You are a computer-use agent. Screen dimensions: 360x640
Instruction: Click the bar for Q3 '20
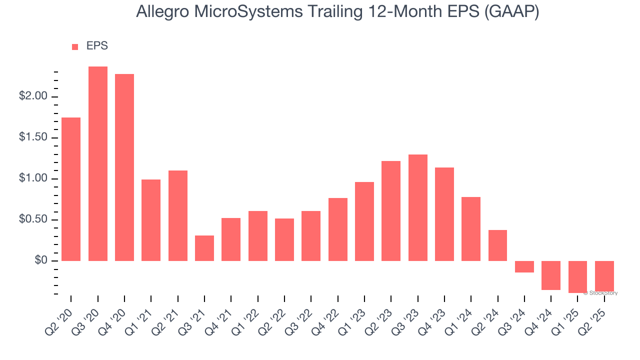[97, 163]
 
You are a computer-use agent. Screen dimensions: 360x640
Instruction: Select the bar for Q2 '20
[71, 189]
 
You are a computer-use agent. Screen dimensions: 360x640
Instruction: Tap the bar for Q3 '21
[204, 248]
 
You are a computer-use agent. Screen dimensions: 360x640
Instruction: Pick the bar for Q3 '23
[417, 207]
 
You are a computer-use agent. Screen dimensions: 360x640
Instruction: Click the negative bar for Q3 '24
[524, 266]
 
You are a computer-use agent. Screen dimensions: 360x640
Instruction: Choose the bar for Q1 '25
[577, 276]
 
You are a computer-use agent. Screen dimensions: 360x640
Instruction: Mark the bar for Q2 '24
[497, 245]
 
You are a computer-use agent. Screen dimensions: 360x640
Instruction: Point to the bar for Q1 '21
[151, 220]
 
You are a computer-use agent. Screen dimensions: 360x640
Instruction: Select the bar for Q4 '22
[337, 229]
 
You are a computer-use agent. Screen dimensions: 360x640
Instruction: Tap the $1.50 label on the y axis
[34, 137]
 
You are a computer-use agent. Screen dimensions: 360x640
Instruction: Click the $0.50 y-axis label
[34, 219]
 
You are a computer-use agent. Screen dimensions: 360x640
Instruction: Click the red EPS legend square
[75, 46]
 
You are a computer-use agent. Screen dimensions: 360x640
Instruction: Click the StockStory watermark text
[600, 293]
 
